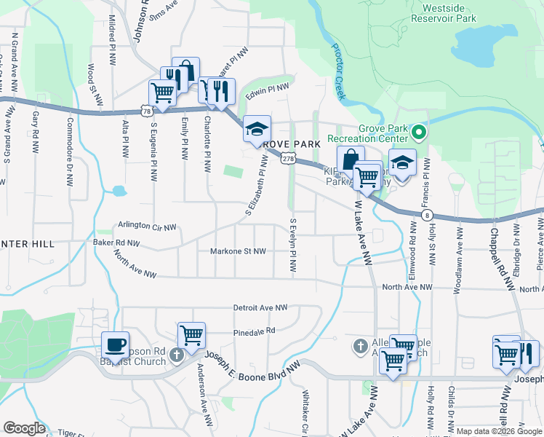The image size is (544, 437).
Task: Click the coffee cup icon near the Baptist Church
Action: [x=115, y=345]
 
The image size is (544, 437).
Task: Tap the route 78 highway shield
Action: [x=148, y=111]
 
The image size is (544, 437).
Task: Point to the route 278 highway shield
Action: [x=289, y=158]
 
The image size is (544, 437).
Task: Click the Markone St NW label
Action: [x=238, y=251]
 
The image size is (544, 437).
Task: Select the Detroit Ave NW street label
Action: [x=260, y=308]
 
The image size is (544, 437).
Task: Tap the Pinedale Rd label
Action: [x=255, y=330]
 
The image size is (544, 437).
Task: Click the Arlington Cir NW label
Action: [x=146, y=227]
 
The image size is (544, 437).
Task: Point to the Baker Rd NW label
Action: [x=116, y=242]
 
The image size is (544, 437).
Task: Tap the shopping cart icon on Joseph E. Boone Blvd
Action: [x=191, y=336]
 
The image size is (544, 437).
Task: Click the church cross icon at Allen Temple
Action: [x=360, y=346]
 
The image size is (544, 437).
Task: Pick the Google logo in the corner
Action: [x=24, y=428]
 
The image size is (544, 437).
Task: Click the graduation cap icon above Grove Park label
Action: [x=257, y=129]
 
